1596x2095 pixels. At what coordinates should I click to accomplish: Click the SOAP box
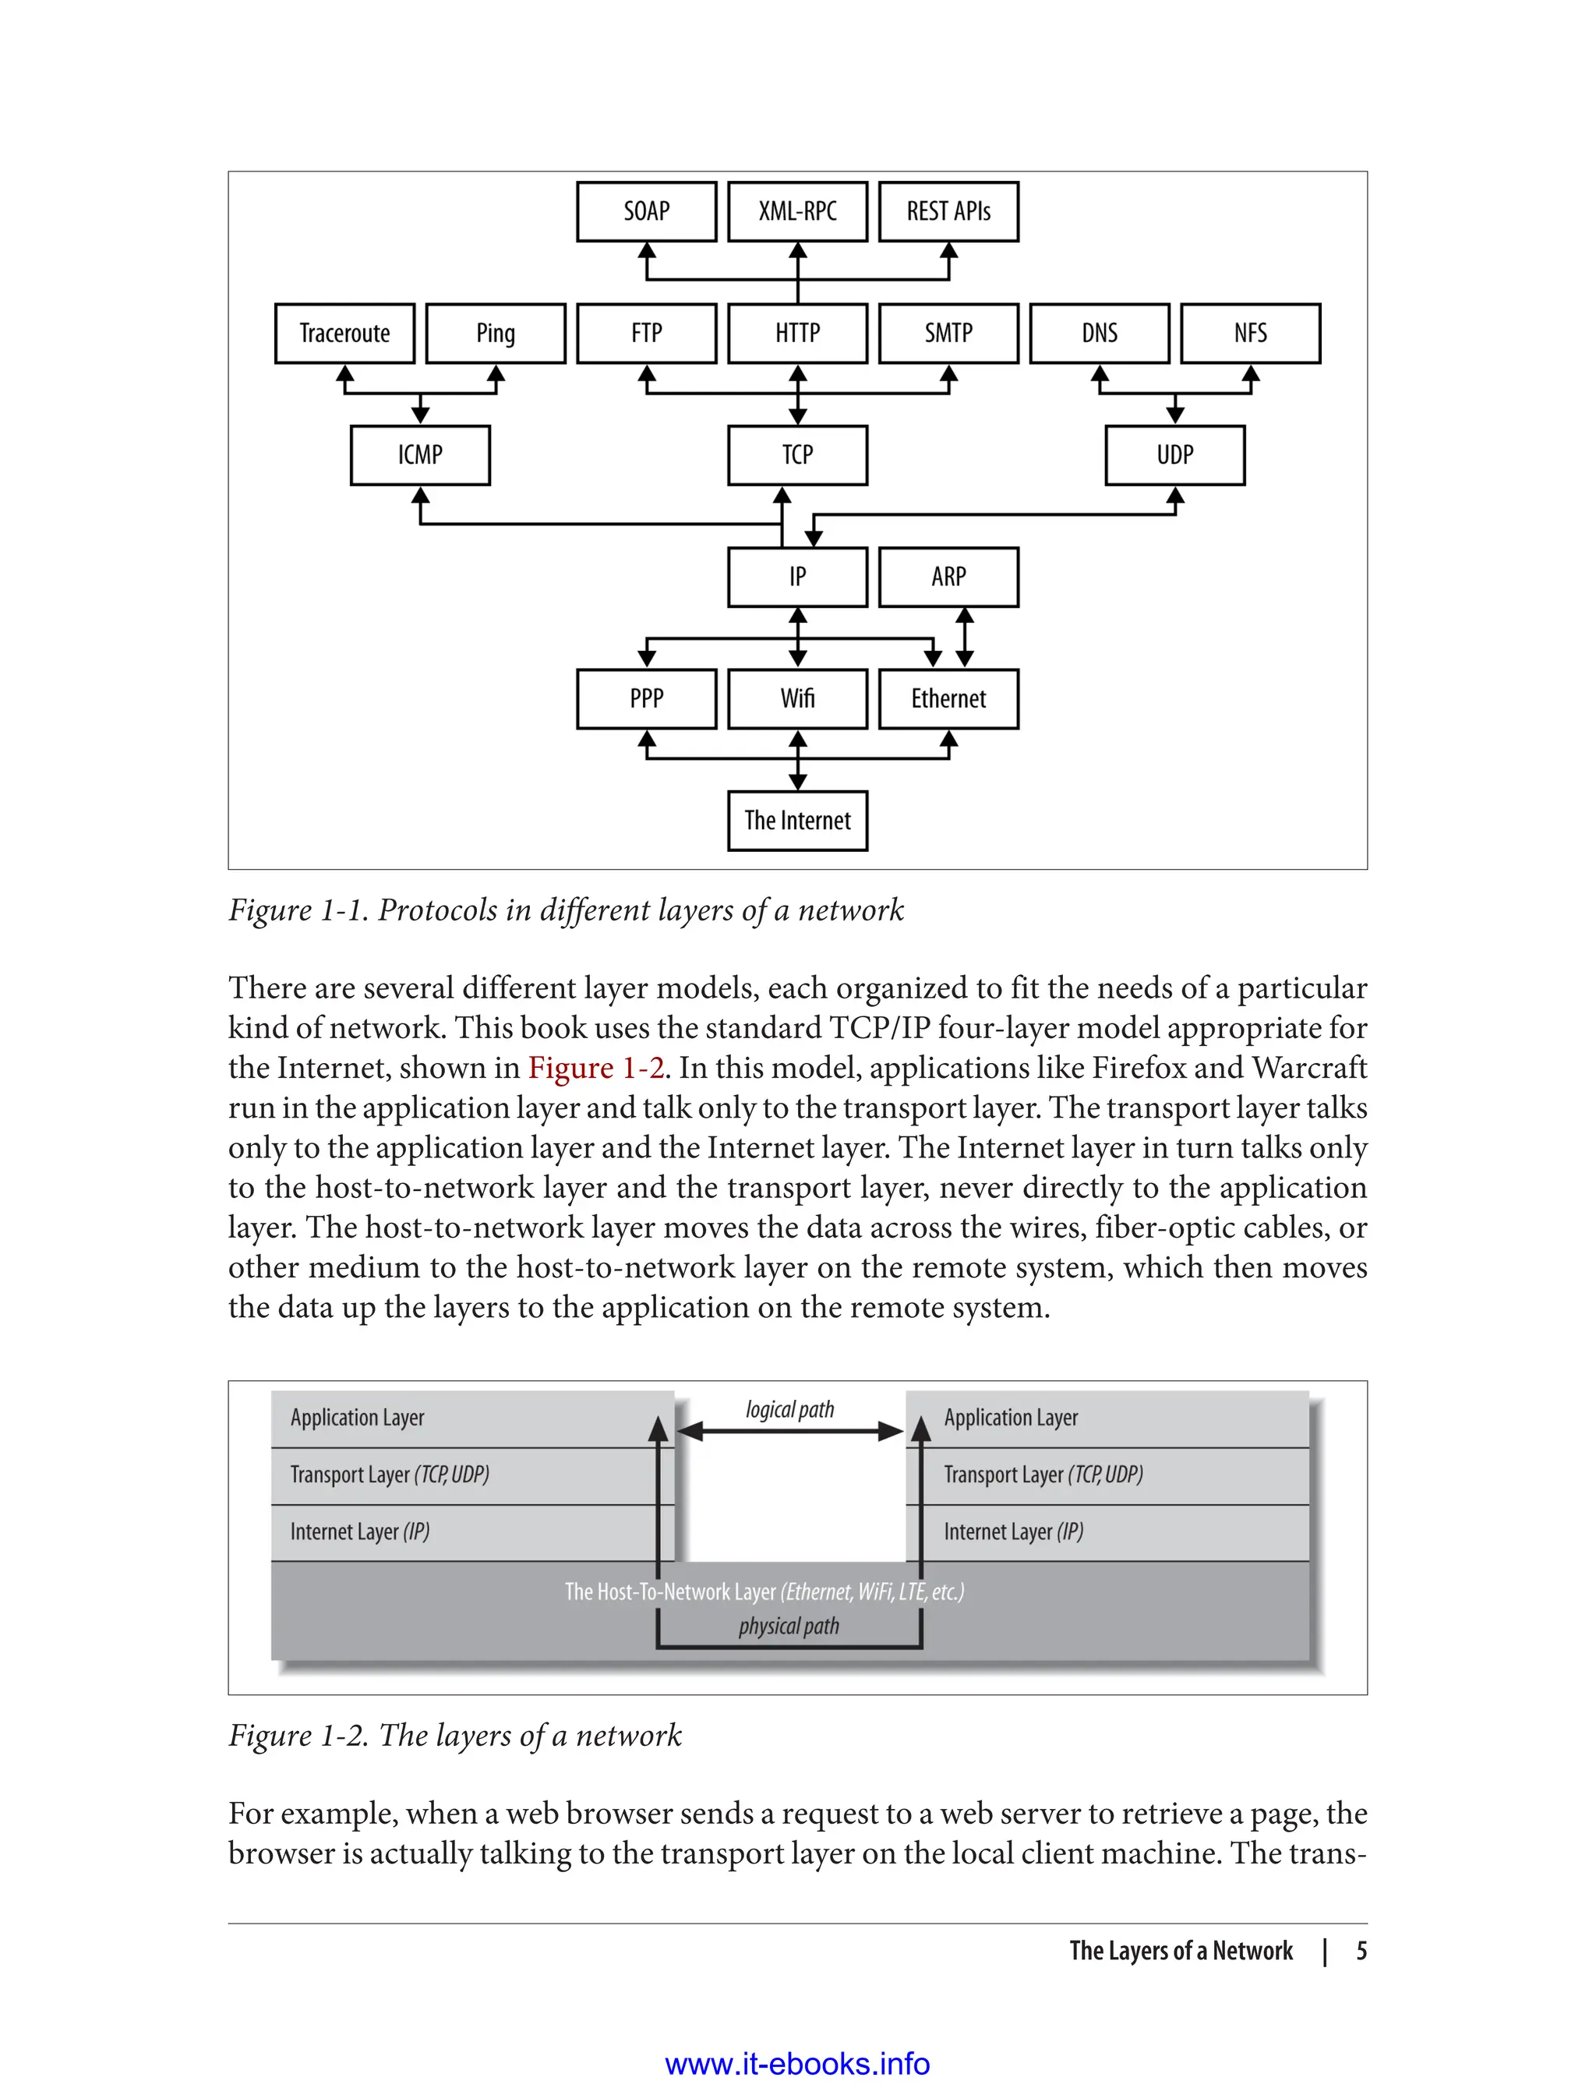coord(646,211)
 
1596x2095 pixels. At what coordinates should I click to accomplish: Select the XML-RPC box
coord(797,211)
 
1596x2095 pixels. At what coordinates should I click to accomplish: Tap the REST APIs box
coord(948,211)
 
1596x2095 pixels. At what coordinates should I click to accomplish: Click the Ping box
coord(495,334)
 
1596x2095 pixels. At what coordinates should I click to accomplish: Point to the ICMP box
coord(420,455)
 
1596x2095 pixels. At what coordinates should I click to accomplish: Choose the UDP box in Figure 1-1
coord(1174,455)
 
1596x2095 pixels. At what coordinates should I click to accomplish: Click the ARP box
coord(948,577)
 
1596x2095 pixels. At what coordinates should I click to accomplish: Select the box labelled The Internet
coord(797,821)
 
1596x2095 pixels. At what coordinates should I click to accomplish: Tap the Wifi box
coord(797,699)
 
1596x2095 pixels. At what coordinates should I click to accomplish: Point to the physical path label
coord(789,1627)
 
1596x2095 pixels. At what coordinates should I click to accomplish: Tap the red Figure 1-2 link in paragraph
coord(595,1068)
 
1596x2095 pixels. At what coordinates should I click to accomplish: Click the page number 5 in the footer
coord(1361,1952)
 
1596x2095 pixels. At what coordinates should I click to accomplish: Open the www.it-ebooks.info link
coord(797,2065)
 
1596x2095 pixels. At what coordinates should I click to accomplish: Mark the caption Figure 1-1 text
coord(565,910)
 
